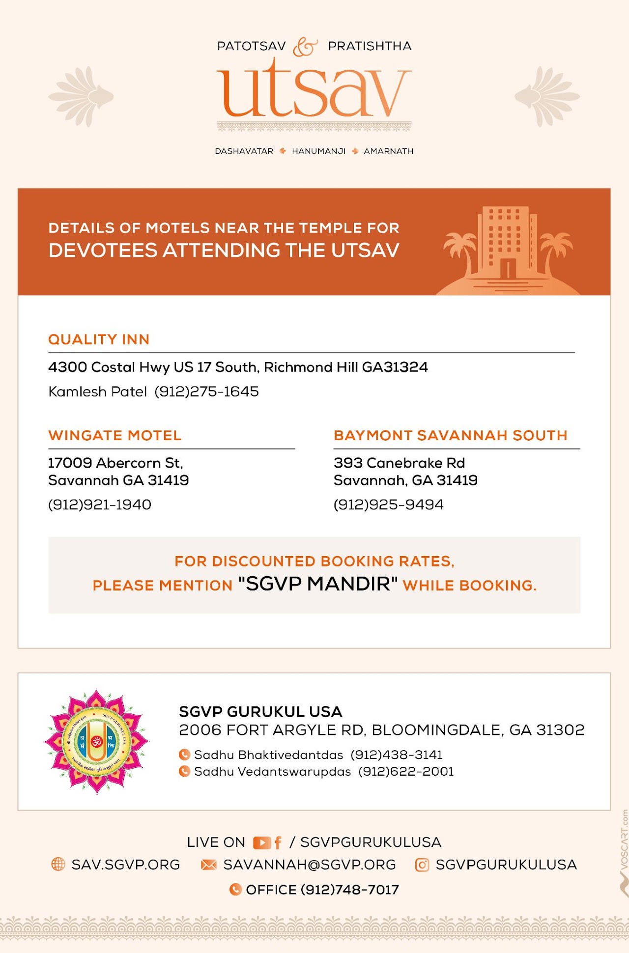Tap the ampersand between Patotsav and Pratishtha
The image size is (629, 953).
pyautogui.click(x=305, y=47)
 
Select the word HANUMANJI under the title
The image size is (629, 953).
pyautogui.click(x=318, y=151)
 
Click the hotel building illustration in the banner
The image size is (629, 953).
pyautogui.click(x=508, y=243)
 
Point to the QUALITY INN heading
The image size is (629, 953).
pyautogui.click(x=99, y=339)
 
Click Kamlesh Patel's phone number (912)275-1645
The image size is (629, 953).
pyautogui.click(x=206, y=392)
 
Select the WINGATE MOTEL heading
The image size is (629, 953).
pyautogui.click(x=115, y=435)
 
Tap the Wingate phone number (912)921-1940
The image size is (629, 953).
pyautogui.click(x=100, y=505)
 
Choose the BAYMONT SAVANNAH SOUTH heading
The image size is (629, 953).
pyautogui.click(x=451, y=435)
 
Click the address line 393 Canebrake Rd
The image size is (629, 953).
pyautogui.click(x=399, y=463)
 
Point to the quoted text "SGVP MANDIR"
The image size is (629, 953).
pyautogui.click(x=318, y=584)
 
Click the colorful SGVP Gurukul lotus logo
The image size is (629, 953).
pyautogui.click(x=96, y=741)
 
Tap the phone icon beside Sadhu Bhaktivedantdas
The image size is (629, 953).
pyautogui.click(x=184, y=755)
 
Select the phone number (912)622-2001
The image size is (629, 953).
pyautogui.click(x=406, y=772)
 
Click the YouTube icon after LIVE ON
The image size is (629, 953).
pyautogui.click(x=261, y=843)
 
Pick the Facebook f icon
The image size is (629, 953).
pyautogui.click(x=278, y=843)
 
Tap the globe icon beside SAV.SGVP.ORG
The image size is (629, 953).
pyautogui.click(x=58, y=864)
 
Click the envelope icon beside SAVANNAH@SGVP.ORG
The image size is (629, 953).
pyautogui.click(x=209, y=865)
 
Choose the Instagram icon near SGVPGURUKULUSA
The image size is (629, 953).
pyautogui.click(x=422, y=865)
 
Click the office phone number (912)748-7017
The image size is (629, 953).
pyautogui.click(x=349, y=890)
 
